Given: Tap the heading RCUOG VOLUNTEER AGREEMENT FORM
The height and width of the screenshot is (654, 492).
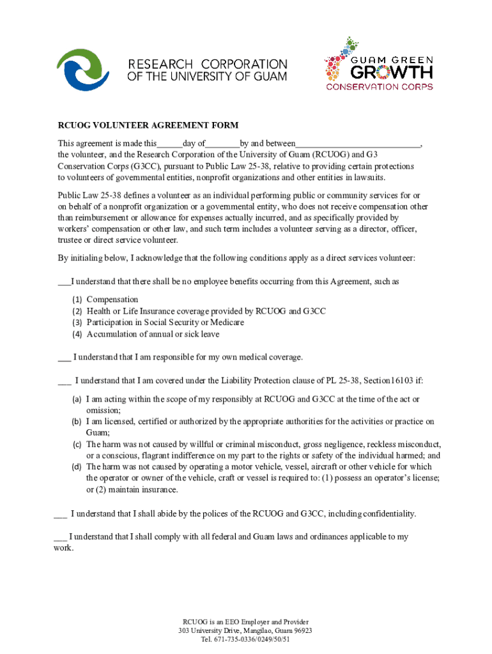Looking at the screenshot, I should point(148,126).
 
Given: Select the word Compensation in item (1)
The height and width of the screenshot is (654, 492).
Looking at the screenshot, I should point(112,300).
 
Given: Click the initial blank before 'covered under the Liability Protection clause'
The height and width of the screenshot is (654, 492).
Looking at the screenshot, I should point(64,381).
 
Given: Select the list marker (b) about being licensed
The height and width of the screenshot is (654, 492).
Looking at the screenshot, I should point(76,422).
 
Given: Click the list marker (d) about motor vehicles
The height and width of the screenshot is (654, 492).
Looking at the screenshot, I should point(76,467).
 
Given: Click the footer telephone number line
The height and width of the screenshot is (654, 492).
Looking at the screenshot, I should point(245,639).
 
